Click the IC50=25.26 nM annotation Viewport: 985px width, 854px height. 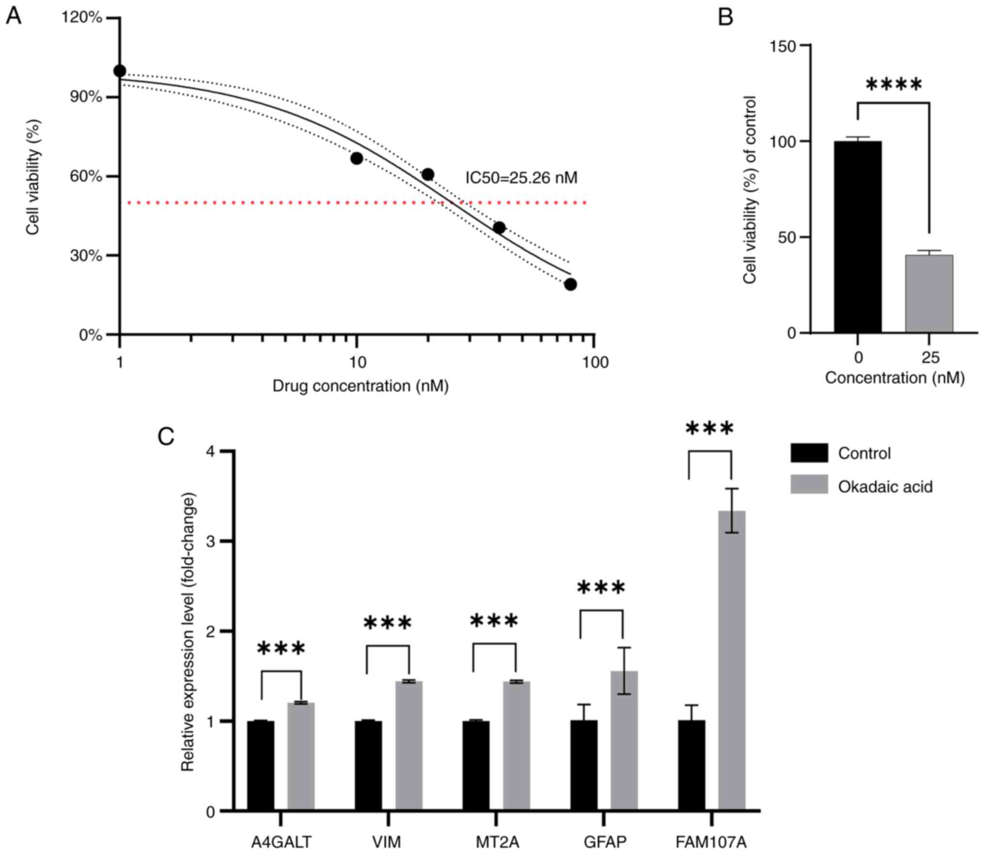(521, 178)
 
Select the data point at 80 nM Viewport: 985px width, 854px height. (570, 284)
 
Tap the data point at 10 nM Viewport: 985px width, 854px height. (356, 158)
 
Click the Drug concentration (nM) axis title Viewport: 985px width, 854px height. (360, 386)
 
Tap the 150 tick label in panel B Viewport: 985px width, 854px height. (783, 46)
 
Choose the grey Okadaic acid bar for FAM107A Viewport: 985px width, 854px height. (731, 660)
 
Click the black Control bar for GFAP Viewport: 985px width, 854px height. (584, 765)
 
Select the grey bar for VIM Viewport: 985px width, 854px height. (409, 746)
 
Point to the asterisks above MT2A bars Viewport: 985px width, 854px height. (494, 622)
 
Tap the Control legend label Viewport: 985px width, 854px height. (864, 454)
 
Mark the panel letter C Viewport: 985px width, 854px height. (166, 437)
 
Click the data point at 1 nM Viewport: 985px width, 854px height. (120, 71)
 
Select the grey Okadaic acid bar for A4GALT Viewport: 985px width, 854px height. (301, 756)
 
